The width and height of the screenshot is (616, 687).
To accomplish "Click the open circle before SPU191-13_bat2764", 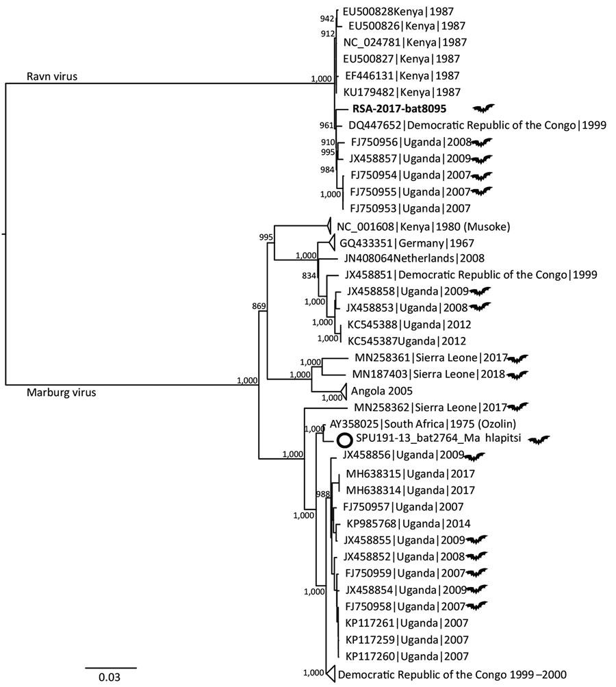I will (345, 439).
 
